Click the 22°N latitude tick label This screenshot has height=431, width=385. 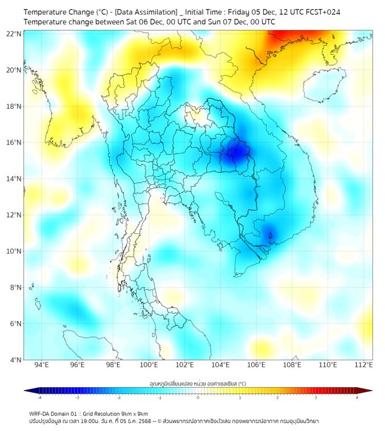[14, 34]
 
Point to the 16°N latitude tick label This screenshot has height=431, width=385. [14, 143]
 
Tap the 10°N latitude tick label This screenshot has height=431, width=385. [14, 251]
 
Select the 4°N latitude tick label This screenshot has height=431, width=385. [15, 360]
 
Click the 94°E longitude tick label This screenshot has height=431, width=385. [42, 365]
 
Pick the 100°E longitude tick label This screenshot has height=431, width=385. [149, 365]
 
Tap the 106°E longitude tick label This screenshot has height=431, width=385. [256, 365]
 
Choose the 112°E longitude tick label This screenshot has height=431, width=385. [364, 365]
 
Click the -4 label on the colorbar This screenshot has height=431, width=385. [39, 397]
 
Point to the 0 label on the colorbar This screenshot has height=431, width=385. [198, 397]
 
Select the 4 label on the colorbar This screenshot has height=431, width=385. [357, 397]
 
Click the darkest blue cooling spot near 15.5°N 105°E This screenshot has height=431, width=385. [235, 153]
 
